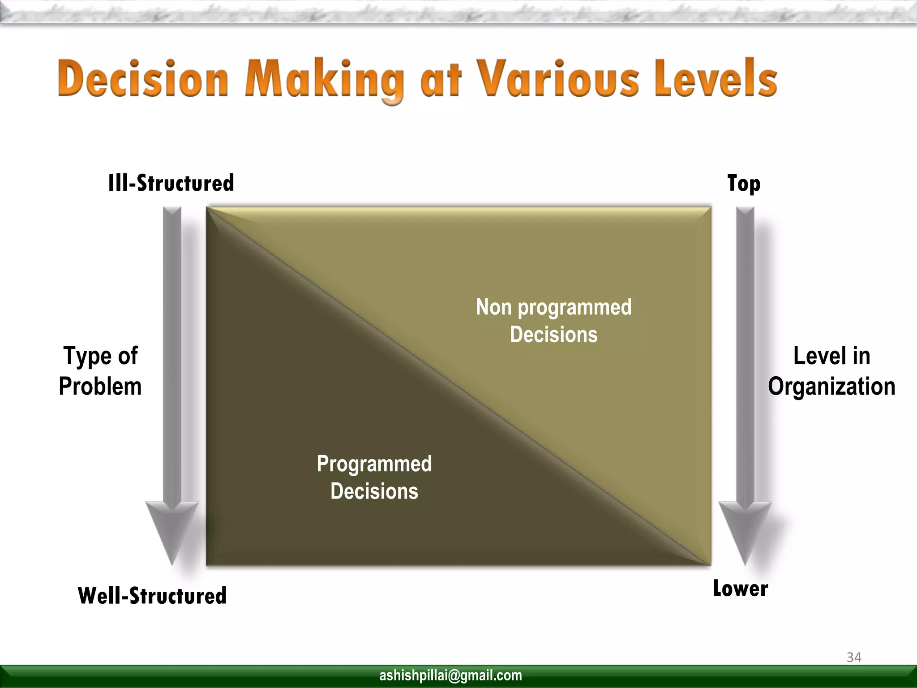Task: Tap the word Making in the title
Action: pos(325,81)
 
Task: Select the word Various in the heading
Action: pos(557,79)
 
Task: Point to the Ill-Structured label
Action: pos(171,183)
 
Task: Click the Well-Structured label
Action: pos(152,596)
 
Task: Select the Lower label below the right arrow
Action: pos(740,589)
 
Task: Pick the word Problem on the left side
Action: pos(100,387)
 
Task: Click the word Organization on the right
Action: pos(831,387)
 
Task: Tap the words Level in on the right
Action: pos(831,356)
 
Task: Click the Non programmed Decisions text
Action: pos(553,321)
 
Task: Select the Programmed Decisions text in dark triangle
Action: pos(374,477)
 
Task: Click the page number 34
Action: pos(854,658)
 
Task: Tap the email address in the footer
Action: pos(450,675)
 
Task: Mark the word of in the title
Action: pos(128,356)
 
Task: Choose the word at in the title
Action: pos(441,81)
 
